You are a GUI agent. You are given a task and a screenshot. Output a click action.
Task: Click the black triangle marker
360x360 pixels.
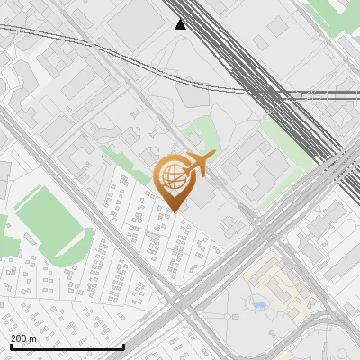[x=181, y=24]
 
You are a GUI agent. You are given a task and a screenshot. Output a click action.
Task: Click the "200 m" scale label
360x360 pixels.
[x=23, y=338]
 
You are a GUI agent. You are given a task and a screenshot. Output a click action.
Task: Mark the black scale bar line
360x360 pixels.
[x=67, y=346]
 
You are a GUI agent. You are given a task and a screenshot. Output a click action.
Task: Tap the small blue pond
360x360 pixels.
[x=260, y=305]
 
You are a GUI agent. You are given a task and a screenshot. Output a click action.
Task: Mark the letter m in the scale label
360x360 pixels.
[x=32, y=338]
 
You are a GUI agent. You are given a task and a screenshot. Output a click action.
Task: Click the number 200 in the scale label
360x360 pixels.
[x=19, y=338]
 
